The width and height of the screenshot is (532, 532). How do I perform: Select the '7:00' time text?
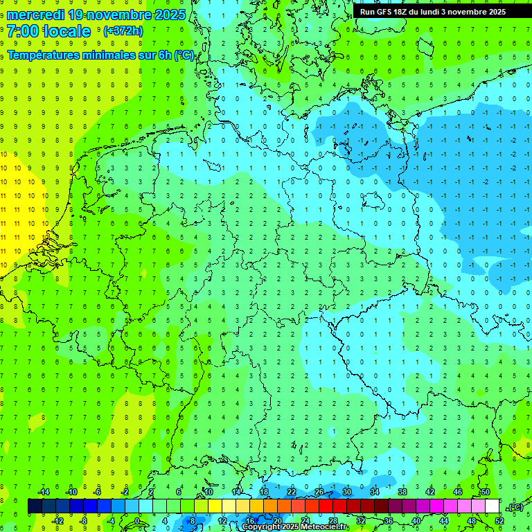pyautogui.click(x=23, y=31)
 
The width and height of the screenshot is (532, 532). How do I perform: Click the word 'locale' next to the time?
pyautogui.click(x=66, y=31)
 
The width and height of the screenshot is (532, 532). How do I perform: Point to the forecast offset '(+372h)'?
pyautogui.click(x=123, y=31)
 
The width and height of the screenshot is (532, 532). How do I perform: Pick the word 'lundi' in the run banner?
pyautogui.click(x=427, y=12)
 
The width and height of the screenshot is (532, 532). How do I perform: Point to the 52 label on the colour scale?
pyautogui.click(x=499, y=521)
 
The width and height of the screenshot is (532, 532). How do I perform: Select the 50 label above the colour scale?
pyautogui.click(x=485, y=492)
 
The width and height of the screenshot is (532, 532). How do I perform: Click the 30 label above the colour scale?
pyautogui.click(x=346, y=492)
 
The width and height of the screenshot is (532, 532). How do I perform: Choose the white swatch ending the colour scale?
pyautogui.click(x=492, y=506)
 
